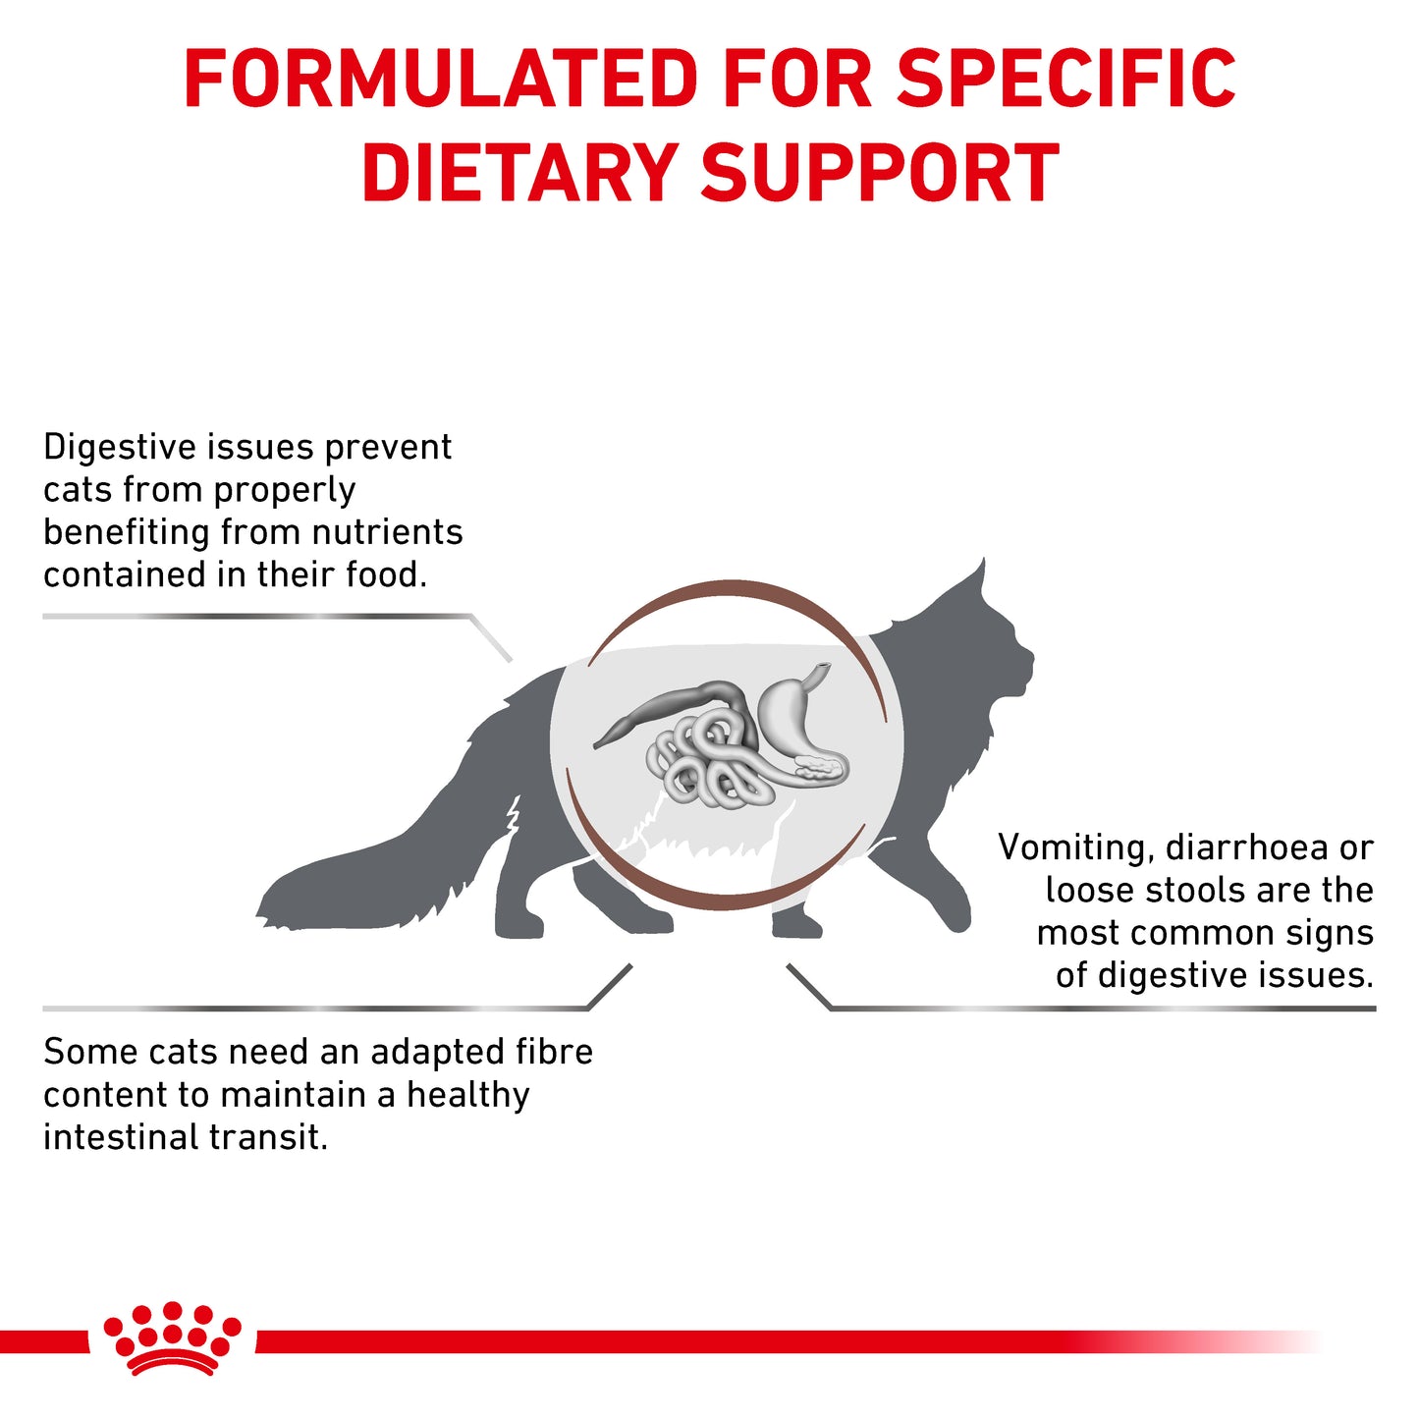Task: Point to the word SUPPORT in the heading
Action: click(x=880, y=174)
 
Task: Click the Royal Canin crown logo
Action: click(x=172, y=1337)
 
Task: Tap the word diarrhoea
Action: click(x=1245, y=847)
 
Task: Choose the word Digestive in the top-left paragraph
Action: click(x=120, y=448)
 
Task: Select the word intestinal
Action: click(x=107, y=1137)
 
